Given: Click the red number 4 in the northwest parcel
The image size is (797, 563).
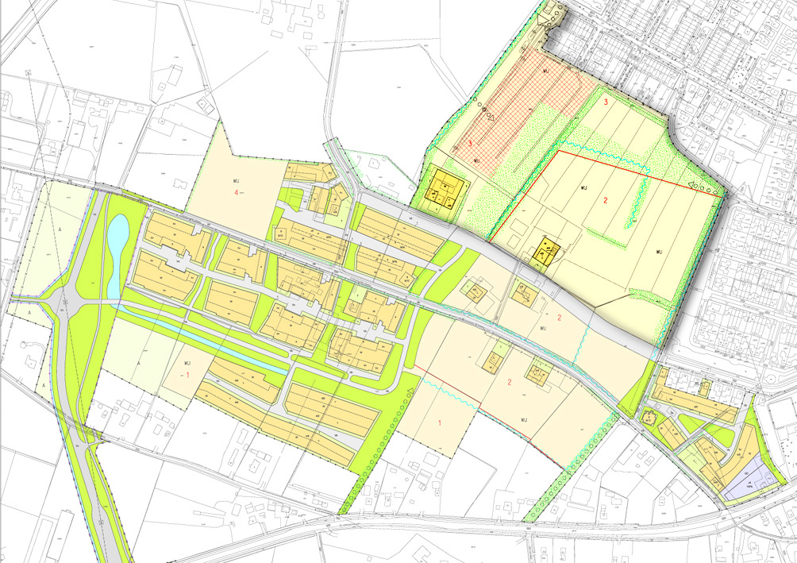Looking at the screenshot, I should point(235,193).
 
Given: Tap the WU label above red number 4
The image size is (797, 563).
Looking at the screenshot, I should point(236,180).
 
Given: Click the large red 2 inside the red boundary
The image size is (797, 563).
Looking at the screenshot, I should point(605,201).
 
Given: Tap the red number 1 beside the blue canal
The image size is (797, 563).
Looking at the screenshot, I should point(187,373).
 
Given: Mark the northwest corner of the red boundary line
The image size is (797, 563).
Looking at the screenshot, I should point(558,151).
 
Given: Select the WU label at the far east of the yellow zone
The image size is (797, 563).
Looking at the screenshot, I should point(658,252).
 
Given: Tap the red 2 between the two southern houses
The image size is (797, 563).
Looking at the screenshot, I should point(510,382).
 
